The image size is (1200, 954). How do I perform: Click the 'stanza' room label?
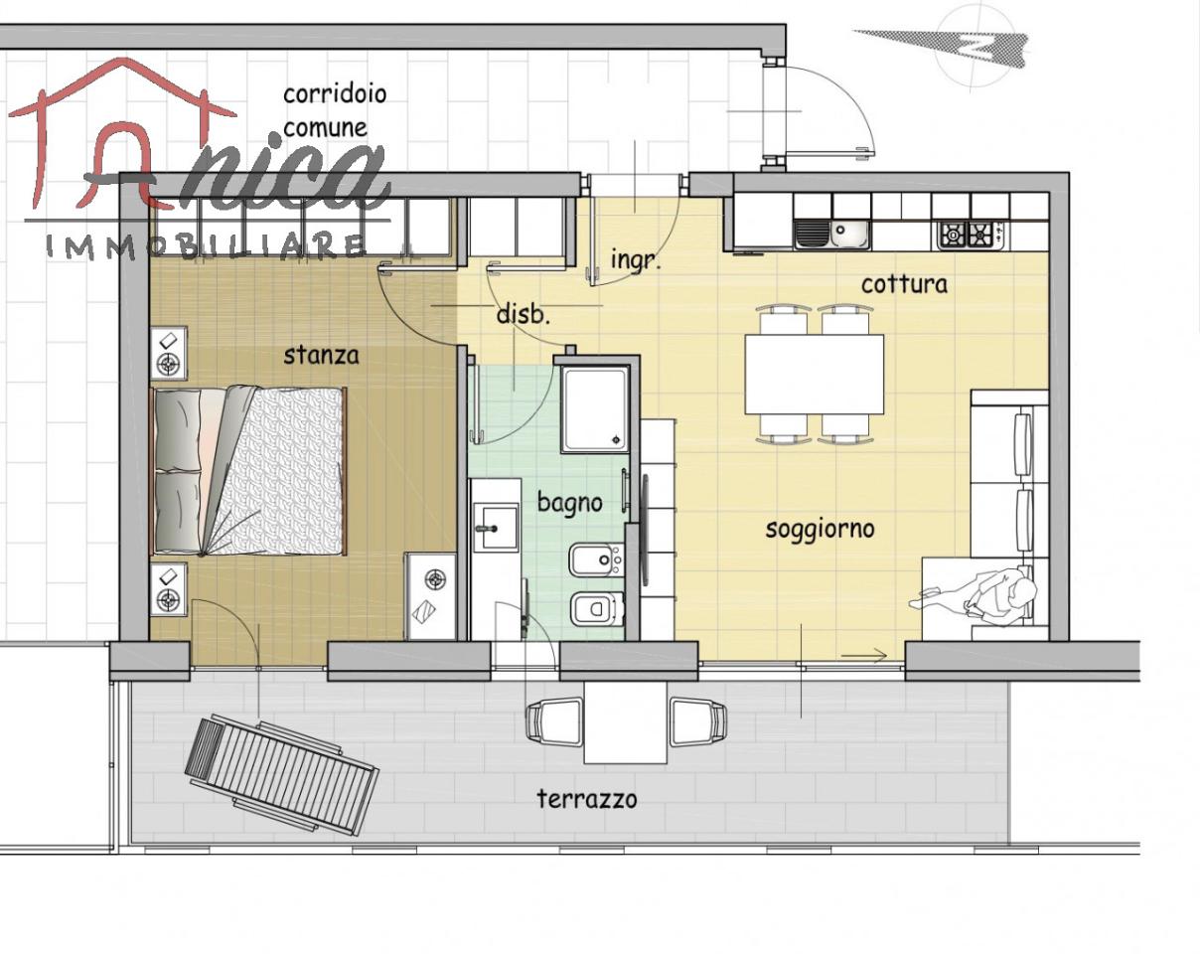321,356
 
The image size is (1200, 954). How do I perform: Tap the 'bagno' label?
569,503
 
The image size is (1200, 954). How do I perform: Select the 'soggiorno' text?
820,529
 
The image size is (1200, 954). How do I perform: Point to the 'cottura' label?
904,284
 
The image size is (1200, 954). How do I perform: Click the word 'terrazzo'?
587,799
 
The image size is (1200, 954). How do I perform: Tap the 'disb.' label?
524,315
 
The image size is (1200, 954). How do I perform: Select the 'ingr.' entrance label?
636,259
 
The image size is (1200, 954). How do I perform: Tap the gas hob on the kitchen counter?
971,235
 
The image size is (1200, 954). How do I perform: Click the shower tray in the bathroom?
595,409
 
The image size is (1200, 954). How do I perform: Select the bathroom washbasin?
496,528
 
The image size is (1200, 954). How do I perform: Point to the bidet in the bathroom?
595,559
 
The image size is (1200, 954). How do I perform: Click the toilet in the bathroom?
597,609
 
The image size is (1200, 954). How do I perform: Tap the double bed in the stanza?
248,471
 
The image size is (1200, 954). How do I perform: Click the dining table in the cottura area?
815,375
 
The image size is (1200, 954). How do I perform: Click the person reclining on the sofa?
974,598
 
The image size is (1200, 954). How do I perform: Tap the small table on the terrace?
626,722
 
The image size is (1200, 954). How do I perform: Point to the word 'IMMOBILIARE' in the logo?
206,246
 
